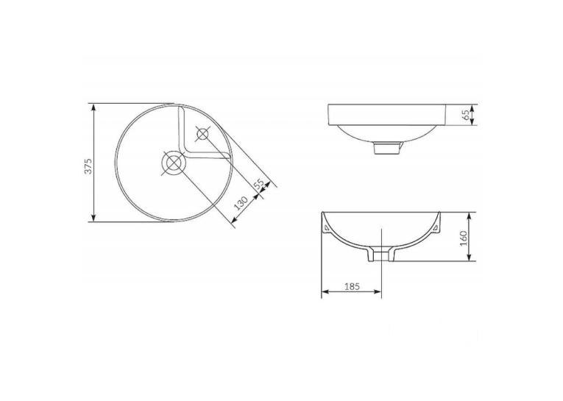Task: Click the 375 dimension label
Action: (x=88, y=166)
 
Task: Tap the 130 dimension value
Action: (x=241, y=203)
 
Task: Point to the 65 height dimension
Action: (x=466, y=115)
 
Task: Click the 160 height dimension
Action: (x=463, y=238)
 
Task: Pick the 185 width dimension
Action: (x=352, y=286)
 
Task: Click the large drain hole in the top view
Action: (x=173, y=163)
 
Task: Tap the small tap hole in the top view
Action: (x=203, y=134)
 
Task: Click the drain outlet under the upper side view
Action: (x=386, y=148)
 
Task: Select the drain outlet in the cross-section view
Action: (x=380, y=254)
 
